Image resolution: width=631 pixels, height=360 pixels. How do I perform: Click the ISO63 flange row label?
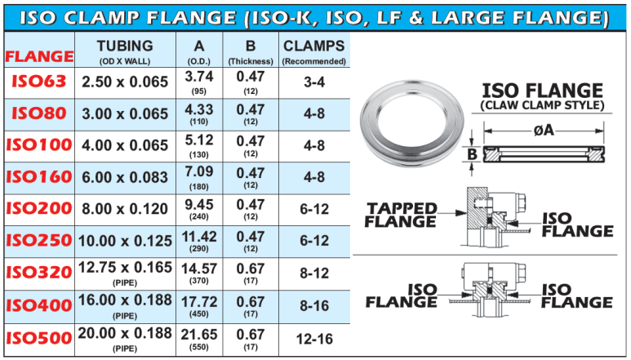[x=38, y=82]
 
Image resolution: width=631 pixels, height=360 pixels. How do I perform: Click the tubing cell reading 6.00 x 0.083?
[x=125, y=177]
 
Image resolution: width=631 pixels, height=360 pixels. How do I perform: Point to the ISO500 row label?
[x=38, y=338]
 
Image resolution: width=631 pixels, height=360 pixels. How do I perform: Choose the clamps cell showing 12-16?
[x=314, y=339]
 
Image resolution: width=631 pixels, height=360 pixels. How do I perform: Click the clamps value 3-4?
[x=314, y=82]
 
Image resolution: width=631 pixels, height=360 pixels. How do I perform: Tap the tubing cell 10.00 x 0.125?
[x=125, y=241]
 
